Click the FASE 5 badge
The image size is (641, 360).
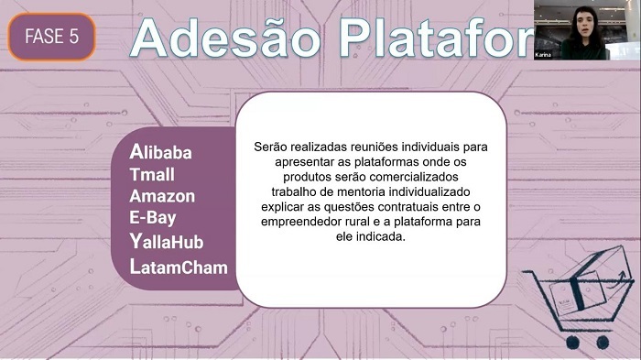(x=51, y=37)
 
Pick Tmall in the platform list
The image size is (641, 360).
(x=152, y=174)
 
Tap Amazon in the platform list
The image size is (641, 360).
(x=162, y=196)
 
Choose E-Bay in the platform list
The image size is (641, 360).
(x=153, y=218)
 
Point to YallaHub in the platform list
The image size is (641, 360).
(x=167, y=242)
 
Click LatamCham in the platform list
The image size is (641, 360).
(x=179, y=267)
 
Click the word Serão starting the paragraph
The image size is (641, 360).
(x=270, y=146)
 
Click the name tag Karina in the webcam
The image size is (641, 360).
(x=544, y=55)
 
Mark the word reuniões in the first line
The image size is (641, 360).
(x=362, y=146)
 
